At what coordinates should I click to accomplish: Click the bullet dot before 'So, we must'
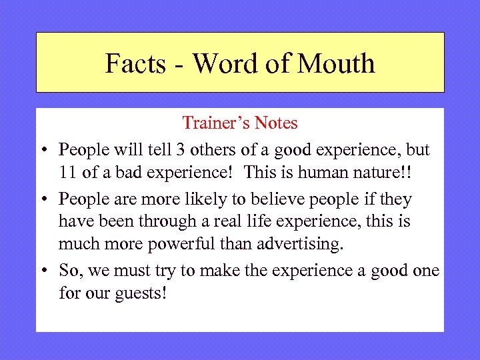(43, 271)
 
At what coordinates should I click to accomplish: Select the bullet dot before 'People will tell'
(43, 149)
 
